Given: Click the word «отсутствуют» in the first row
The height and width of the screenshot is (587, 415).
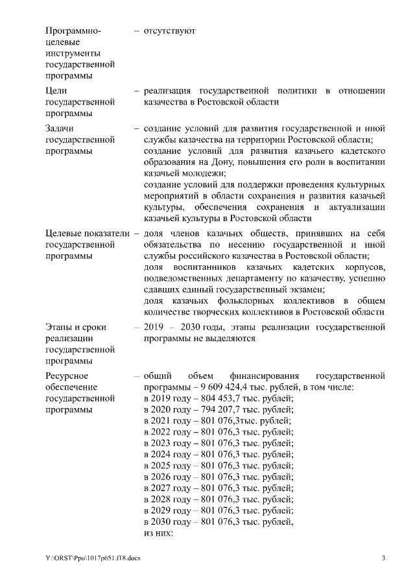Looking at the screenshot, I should (x=169, y=30).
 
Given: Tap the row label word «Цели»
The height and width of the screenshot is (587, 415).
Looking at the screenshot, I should (x=56, y=91).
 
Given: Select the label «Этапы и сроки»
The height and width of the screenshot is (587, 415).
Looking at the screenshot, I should (x=76, y=327).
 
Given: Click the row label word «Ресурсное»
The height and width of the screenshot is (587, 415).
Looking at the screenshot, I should (x=67, y=376).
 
